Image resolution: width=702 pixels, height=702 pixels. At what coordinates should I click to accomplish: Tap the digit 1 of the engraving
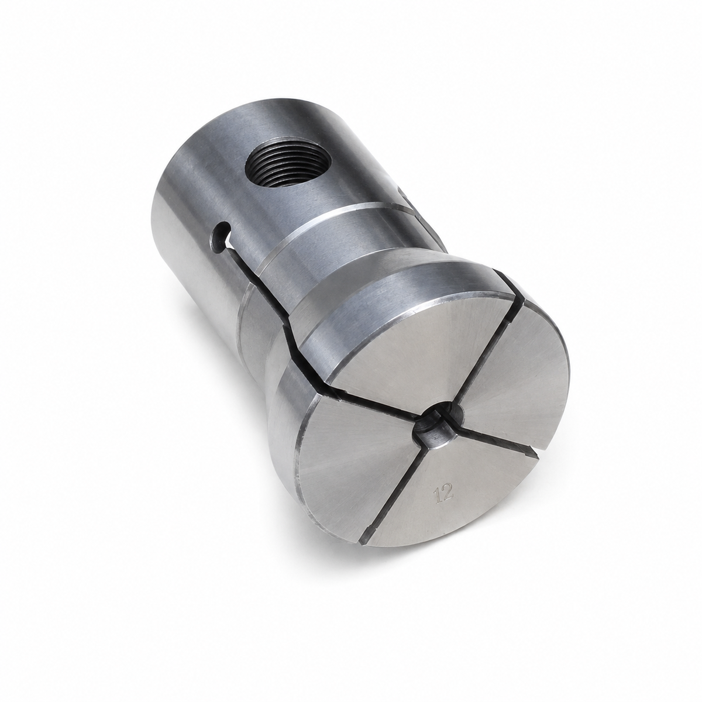coord(438,496)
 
